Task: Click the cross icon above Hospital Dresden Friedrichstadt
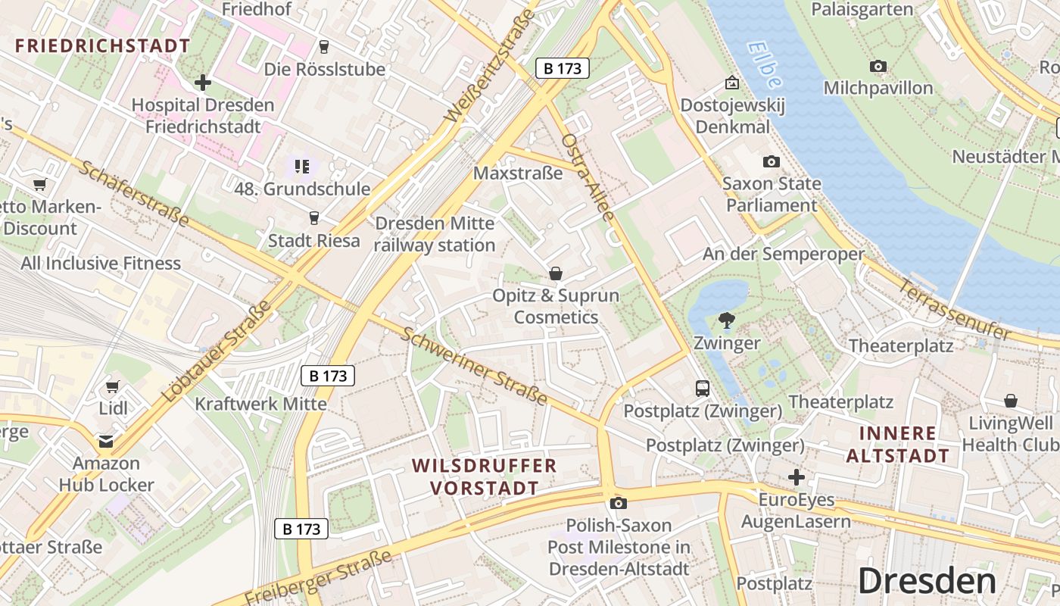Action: click(x=202, y=82)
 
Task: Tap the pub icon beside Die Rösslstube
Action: click(x=324, y=47)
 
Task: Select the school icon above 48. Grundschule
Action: click(x=302, y=166)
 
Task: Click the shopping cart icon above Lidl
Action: click(x=113, y=386)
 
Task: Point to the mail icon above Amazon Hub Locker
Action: click(x=105, y=441)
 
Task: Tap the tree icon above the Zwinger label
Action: click(x=727, y=320)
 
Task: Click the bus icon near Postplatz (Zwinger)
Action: click(x=703, y=389)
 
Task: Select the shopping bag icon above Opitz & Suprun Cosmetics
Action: click(x=556, y=273)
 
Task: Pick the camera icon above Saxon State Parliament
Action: click(x=771, y=161)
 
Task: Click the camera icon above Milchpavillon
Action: click(x=878, y=67)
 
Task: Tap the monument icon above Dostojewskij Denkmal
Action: click(x=731, y=83)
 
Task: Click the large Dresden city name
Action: click(x=927, y=581)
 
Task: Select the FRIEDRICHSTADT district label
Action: click(x=103, y=45)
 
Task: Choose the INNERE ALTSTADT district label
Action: click(x=898, y=445)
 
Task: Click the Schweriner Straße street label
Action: click(x=475, y=367)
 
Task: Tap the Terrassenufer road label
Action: click(x=955, y=310)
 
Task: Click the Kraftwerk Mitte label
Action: click(x=261, y=403)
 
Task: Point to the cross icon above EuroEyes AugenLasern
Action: click(x=796, y=477)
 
